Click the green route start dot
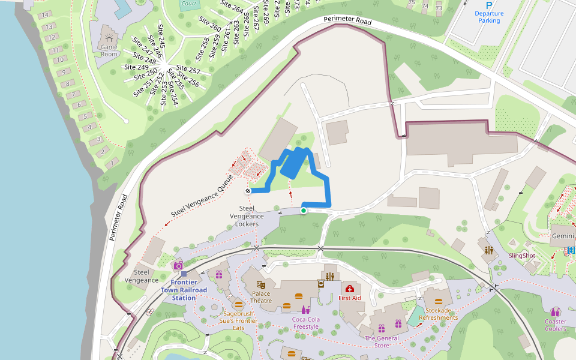pyautogui.click(x=304, y=210)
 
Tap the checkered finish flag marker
pyautogui.click(x=248, y=191)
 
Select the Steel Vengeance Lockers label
pyautogui.click(x=247, y=216)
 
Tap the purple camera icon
pyautogui.click(x=178, y=266)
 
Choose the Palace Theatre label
pyautogui.click(x=261, y=297)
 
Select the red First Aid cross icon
pyautogui.click(x=350, y=289)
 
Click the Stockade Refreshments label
pyautogui.click(x=438, y=314)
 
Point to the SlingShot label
pyautogui.click(x=521, y=256)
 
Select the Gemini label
pyautogui.click(x=563, y=236)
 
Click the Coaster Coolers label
pyautogui.click(x=556, y=325)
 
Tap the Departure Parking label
pyautogui.click(x=489, y=17)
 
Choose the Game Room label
pyautogui.click(x=109, y=50)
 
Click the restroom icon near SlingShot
pyautogui.click(x=489, y=250)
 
